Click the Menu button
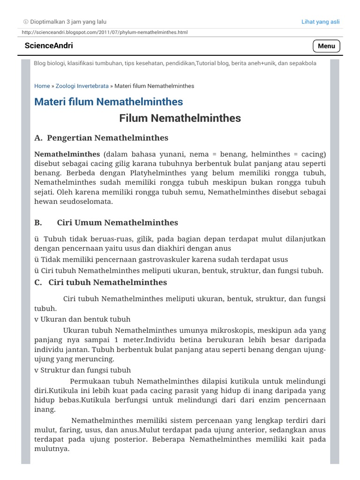point(326,46)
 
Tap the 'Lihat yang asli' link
point(321,22)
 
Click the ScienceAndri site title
point(48,46)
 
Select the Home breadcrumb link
point(42,86)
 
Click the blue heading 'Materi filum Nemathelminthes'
point(108,102)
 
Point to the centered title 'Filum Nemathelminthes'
point(180,118)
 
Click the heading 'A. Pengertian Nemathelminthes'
point(101,138)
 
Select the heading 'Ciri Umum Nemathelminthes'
point(117,222)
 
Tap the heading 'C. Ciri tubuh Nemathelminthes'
point(100,282)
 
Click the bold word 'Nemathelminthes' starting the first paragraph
point(67,154)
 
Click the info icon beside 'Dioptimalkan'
point(26,22)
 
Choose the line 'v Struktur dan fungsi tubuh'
point(82,370)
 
